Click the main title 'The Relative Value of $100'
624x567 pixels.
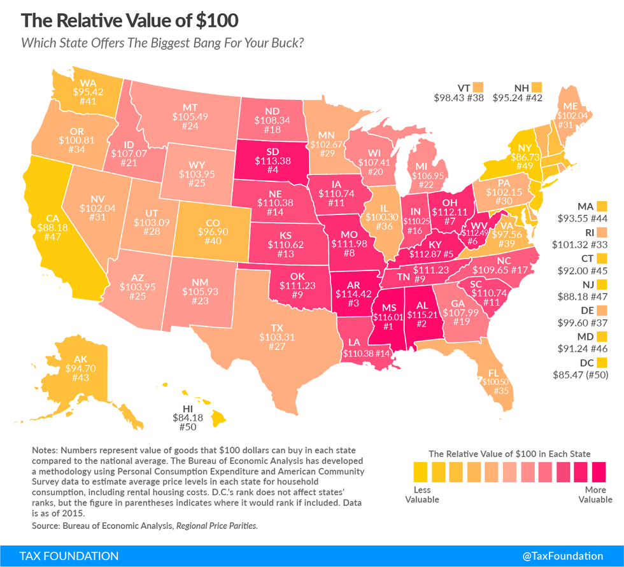pos(130,20)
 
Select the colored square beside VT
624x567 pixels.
pos(478,87)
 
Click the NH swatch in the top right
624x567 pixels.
pos(536,87)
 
